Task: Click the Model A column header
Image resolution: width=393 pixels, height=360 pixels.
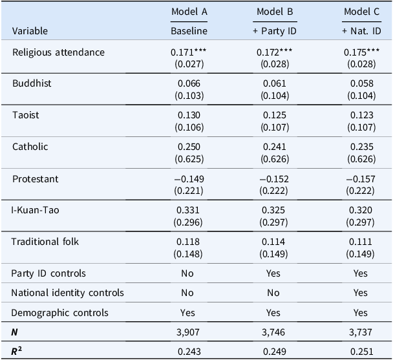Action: point(189,12)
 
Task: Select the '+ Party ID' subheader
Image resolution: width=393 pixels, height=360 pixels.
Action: point(275,31)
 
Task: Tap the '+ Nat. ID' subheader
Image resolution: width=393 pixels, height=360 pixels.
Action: point(362,31)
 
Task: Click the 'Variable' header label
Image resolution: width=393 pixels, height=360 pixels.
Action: point(30,31)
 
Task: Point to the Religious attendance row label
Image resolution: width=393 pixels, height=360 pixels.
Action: point(58,52)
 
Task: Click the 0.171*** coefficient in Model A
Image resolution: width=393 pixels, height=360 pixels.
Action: point(189,52)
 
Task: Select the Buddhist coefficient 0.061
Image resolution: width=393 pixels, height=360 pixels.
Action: point(275,83)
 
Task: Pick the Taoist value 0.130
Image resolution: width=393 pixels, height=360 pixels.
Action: point(189,115)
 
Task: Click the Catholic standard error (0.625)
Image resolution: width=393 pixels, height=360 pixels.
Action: point(189,159)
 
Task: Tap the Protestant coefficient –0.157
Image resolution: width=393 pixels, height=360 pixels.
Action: point(361,179)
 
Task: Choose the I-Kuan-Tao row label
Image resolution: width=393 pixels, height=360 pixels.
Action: point(35,210)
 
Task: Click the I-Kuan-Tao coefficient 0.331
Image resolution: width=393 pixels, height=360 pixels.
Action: point(188,210)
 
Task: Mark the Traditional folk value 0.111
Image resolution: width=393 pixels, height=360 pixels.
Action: point(361,242)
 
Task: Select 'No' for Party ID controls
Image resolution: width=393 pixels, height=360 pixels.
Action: point(187,273)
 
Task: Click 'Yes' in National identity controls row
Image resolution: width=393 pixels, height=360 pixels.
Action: point(361,293)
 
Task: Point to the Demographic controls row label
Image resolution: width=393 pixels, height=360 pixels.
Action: point(59,313)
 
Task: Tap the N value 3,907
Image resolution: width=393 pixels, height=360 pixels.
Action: point(188,332)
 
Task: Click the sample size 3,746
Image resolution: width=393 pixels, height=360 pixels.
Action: point(273,332)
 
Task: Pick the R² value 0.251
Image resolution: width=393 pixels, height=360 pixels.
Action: point(362,352)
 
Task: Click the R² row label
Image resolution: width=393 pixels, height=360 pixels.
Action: point(16,351)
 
